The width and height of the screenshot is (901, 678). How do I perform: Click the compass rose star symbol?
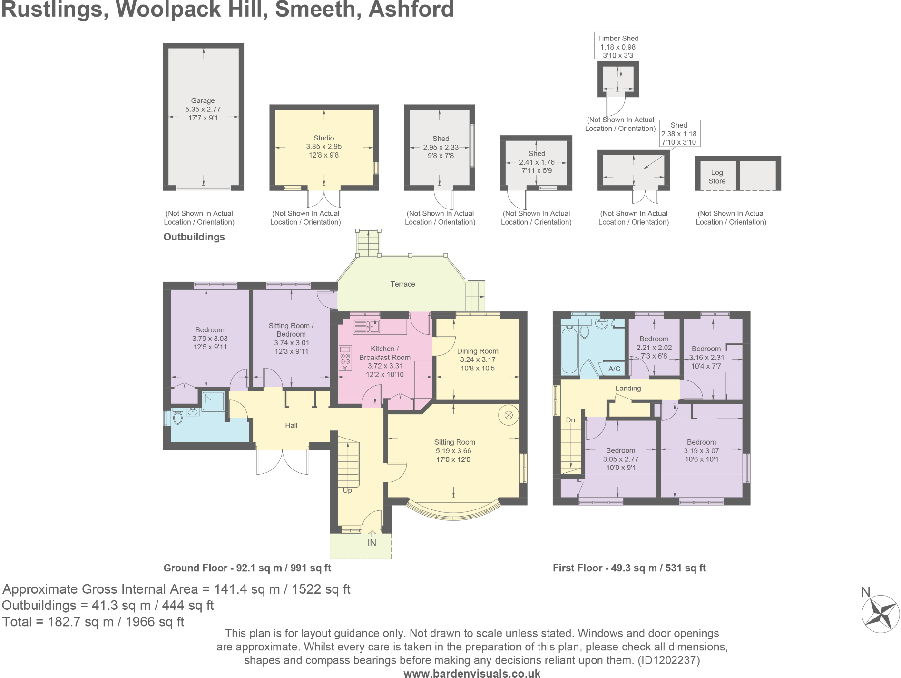click(x=881, y=614)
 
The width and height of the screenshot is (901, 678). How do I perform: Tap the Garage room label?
click(x=203, y=100)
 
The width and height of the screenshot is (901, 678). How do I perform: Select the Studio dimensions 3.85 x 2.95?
click(x=323, y=147)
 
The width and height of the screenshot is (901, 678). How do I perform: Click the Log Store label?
click(x=716, y=177)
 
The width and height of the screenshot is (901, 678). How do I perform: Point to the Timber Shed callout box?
click(x=617, y=46)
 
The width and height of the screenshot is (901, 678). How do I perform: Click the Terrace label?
click(x=402, y=284)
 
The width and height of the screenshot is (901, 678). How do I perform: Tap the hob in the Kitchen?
click(x=345, y=359)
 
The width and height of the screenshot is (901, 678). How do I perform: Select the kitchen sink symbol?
click(x=367, y=326)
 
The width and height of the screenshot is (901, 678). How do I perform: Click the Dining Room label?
click(x=477, y=351)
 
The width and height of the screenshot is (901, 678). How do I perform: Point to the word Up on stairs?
click(x=347, y=490)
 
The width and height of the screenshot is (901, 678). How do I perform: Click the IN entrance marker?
click(x=372, y=542)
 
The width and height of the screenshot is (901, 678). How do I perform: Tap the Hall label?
click(x=291, y=426)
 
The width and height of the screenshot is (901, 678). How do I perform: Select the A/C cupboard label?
click(x=614, y=369)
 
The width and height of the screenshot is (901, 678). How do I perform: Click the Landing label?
click(x=628, y=389)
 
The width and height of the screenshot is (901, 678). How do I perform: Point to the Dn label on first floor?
click(x=570, y=420)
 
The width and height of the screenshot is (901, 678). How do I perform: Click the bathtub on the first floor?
click(x=569, y=350)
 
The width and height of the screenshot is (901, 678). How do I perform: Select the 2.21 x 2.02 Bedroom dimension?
click(x=654, y=348)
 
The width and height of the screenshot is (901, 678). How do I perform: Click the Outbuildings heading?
click(x=194, y=237)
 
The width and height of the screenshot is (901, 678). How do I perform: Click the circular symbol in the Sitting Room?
click(x=508, y=415)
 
